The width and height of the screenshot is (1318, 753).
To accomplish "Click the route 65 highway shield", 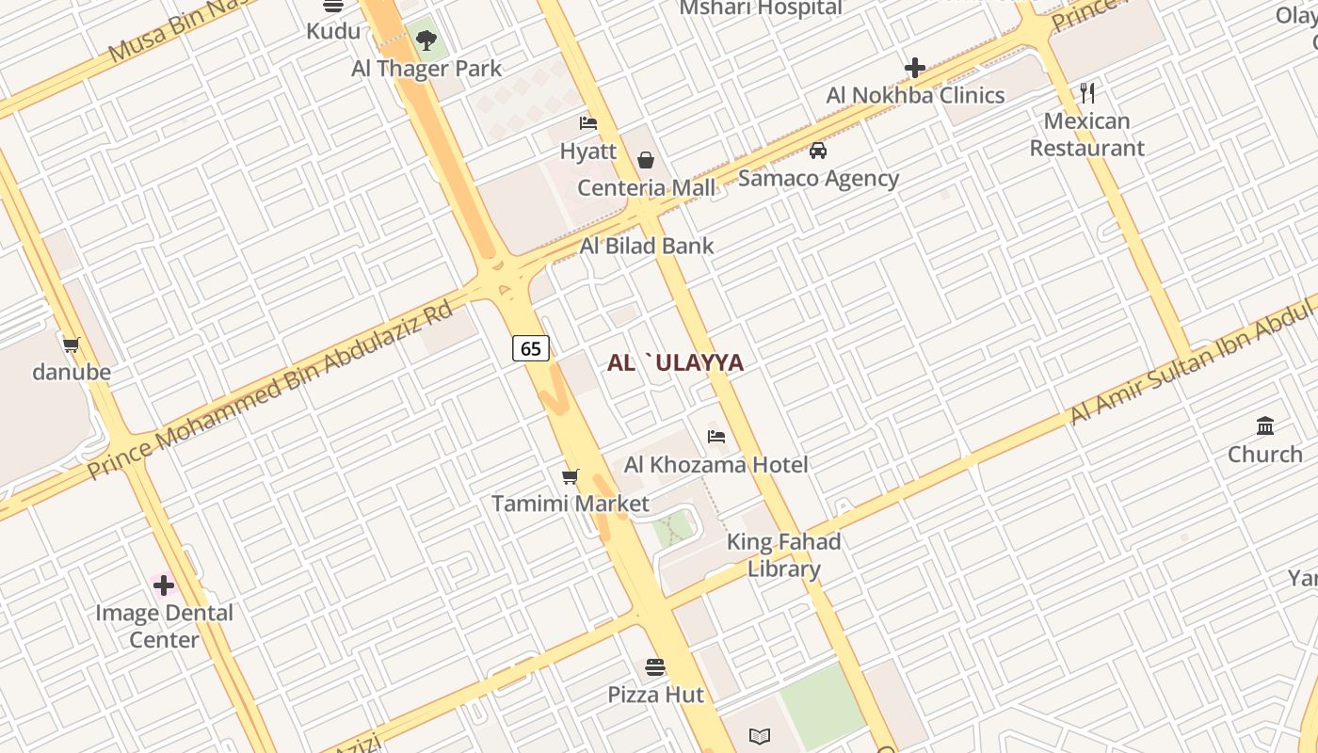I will point(531,348).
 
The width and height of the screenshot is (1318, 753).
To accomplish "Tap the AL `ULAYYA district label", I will point(675,362).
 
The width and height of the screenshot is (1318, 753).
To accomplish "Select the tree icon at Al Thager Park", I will point(426,40).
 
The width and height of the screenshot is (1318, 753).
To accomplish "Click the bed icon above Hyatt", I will point(588,123).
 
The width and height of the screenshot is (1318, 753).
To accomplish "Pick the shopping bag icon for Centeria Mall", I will point(646,160).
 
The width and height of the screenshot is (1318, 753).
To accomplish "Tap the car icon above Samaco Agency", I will point(818,151).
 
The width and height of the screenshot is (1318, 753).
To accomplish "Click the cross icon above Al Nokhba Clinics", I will point(915,68).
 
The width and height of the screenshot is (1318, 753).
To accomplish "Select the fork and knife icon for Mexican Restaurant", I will point(1087,93).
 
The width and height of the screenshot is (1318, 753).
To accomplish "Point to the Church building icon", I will point(1265,426).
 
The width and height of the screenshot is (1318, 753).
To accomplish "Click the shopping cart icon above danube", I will point(72,344).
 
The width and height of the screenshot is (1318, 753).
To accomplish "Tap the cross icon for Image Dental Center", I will point(164,585).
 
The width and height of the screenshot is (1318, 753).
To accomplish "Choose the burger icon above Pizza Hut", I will point(655,668).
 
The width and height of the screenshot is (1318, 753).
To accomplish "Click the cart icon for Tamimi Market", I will point(570,476).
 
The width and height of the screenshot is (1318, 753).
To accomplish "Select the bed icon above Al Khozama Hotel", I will point(716,437).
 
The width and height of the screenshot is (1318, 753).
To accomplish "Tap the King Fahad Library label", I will point(784,555).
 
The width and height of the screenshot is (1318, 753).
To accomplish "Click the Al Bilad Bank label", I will point(647,246).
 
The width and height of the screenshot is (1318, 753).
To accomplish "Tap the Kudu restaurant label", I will point(333,31).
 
